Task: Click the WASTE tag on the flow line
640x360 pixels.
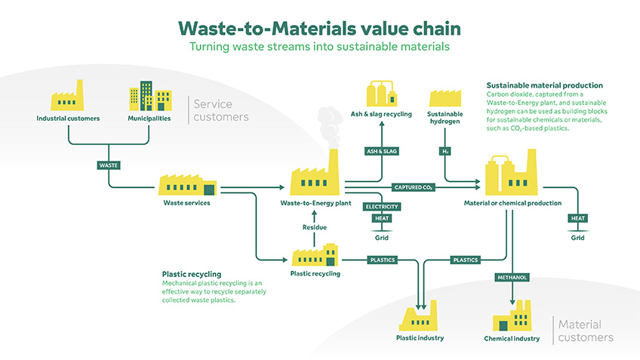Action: (x=109, y=165)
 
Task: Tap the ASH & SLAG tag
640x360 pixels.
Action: (x=381, y=151)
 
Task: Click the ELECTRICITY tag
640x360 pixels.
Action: (x=381, y=206)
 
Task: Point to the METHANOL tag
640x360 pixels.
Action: (x=512, y=277)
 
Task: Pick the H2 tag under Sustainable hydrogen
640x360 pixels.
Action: (x=445, y=151)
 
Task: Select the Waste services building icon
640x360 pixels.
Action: (x=186, y=186)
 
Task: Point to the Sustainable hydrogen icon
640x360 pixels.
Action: (x=445, y=99)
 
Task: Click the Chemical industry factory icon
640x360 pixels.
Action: (x=512, y=318)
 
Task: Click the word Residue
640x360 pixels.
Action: (x=315, y=226)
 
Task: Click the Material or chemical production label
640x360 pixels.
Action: (x=512, y=203)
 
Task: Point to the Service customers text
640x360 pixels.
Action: (x=220, y=110)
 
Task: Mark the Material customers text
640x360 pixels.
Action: (x=586, y=331)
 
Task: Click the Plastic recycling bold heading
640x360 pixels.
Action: (x=191, y=275)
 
